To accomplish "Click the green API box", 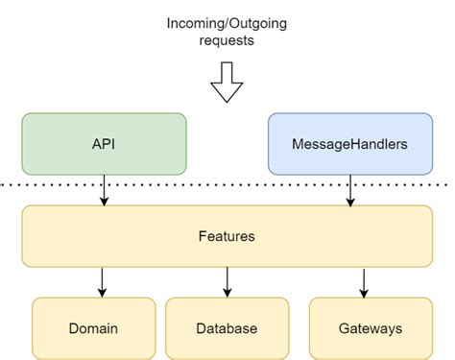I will coord(104,144).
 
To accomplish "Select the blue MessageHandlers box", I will coord(350,144).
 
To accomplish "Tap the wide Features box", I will coord(227,234).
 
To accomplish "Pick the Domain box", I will coord(93,328).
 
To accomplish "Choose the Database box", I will coord(227,328).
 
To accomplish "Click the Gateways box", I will coord(370,328).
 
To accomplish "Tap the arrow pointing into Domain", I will coord(101,281).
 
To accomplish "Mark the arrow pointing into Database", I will coord(227,281).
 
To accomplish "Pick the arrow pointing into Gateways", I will coord(364,281).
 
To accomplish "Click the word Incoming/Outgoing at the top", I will coord(227,23).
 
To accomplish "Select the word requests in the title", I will coord(227,41).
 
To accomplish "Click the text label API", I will coord(104,144).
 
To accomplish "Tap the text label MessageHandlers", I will coord(350,144).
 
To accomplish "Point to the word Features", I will coord(227,234).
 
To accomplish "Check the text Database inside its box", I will coord(227,328).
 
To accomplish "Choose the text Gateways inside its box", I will coord(370,328).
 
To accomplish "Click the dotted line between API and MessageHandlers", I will coord(227,183).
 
